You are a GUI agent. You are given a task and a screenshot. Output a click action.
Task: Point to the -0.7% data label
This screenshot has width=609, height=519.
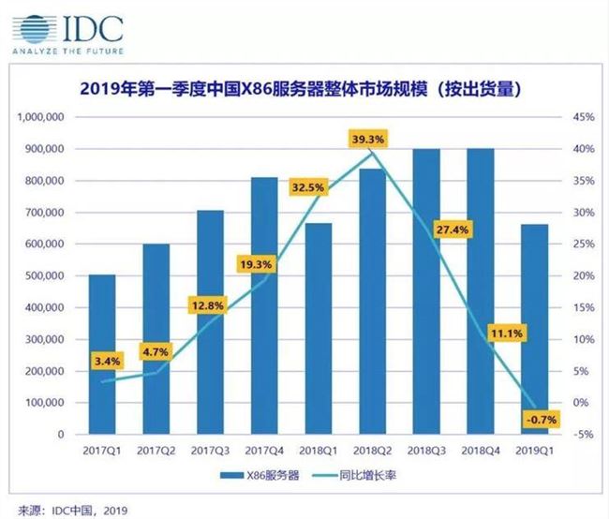538,420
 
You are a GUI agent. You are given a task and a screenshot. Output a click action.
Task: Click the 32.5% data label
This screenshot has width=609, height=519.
309,187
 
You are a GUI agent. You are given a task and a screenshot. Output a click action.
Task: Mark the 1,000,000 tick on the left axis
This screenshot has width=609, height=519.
37,117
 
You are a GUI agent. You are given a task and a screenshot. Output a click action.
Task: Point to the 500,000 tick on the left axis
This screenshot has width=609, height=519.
41,276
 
